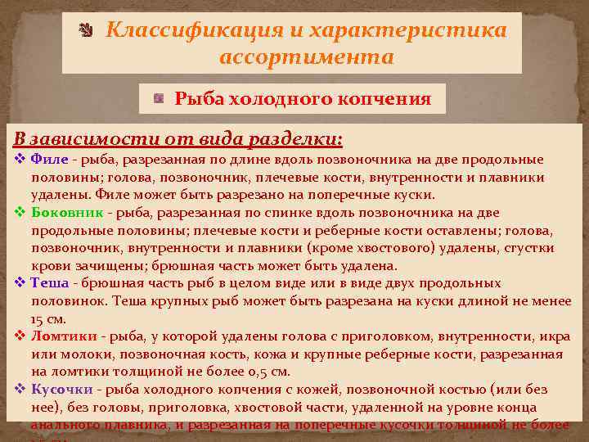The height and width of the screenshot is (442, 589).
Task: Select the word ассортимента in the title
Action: (306, 58)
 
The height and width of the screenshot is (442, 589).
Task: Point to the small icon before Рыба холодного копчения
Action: (159, 99)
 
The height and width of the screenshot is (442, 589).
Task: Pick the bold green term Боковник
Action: (67, 212)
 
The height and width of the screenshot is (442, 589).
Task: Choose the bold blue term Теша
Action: (49, 283)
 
